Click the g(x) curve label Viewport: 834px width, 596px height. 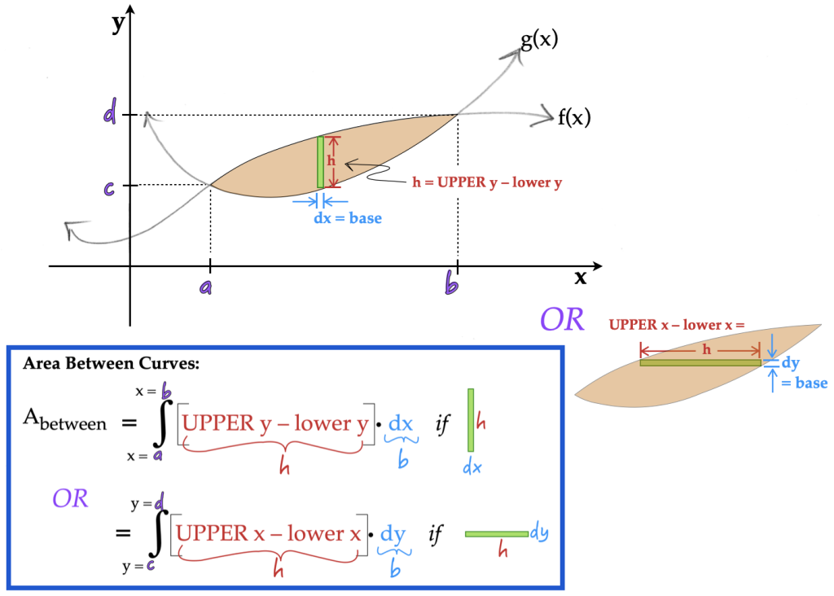539,40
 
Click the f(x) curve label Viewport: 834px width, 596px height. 573,117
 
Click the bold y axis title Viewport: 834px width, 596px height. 119,21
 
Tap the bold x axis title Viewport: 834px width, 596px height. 581,278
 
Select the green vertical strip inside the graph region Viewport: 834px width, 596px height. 321,163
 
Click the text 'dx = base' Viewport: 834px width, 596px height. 348,218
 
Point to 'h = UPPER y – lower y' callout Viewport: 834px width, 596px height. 488,182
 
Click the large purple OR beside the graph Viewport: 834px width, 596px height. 562,320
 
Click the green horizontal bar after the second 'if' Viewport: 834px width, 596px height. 496,534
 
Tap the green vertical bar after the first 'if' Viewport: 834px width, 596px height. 470,420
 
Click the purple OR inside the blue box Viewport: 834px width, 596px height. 70,498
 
